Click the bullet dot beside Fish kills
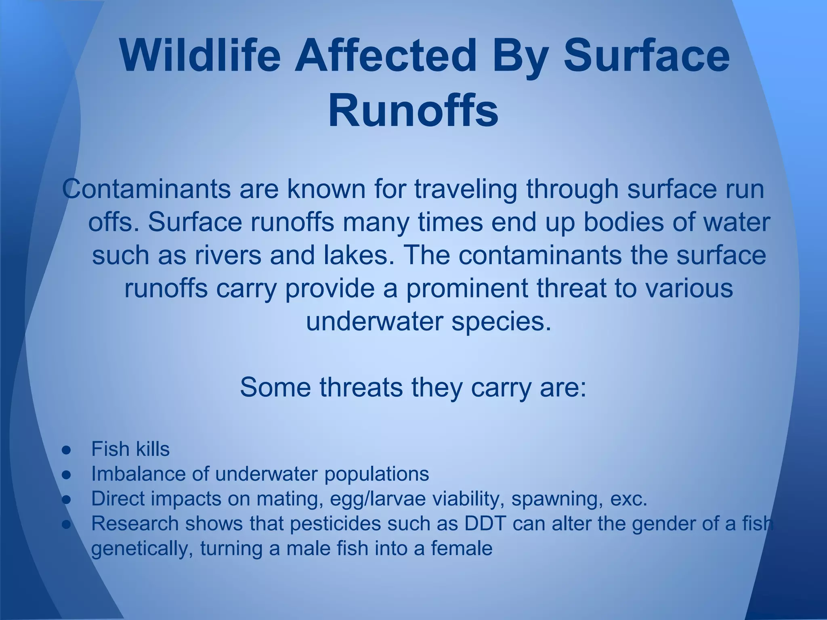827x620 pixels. coord(67,450)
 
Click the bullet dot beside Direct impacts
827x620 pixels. coord(67,499)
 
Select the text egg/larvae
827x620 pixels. coord(378,499)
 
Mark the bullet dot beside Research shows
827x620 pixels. coord(67,524)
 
